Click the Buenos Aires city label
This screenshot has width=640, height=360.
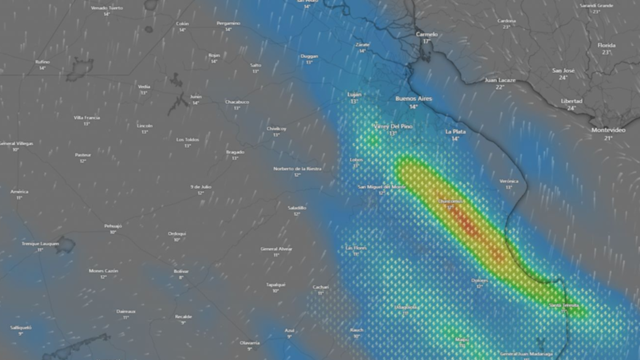414,99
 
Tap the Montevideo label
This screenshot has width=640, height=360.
608,130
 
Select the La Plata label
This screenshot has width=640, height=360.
455,132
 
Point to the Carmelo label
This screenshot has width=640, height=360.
426,34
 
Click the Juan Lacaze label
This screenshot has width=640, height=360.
500,80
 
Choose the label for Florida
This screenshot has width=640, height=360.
606,45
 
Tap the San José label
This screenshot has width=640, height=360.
563,70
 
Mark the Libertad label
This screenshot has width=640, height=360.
571,101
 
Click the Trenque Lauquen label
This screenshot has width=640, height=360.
40,244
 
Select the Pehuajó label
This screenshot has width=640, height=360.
113,226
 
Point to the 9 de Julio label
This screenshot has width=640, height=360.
200,187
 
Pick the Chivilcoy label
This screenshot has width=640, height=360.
276,129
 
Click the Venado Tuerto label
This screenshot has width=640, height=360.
107,8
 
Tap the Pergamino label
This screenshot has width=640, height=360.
228,23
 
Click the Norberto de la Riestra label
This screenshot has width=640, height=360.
297,168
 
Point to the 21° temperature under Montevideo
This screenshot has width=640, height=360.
608,138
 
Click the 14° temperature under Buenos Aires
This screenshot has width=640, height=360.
413,107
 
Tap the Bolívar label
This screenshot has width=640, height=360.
181,271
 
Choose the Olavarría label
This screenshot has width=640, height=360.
249,343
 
